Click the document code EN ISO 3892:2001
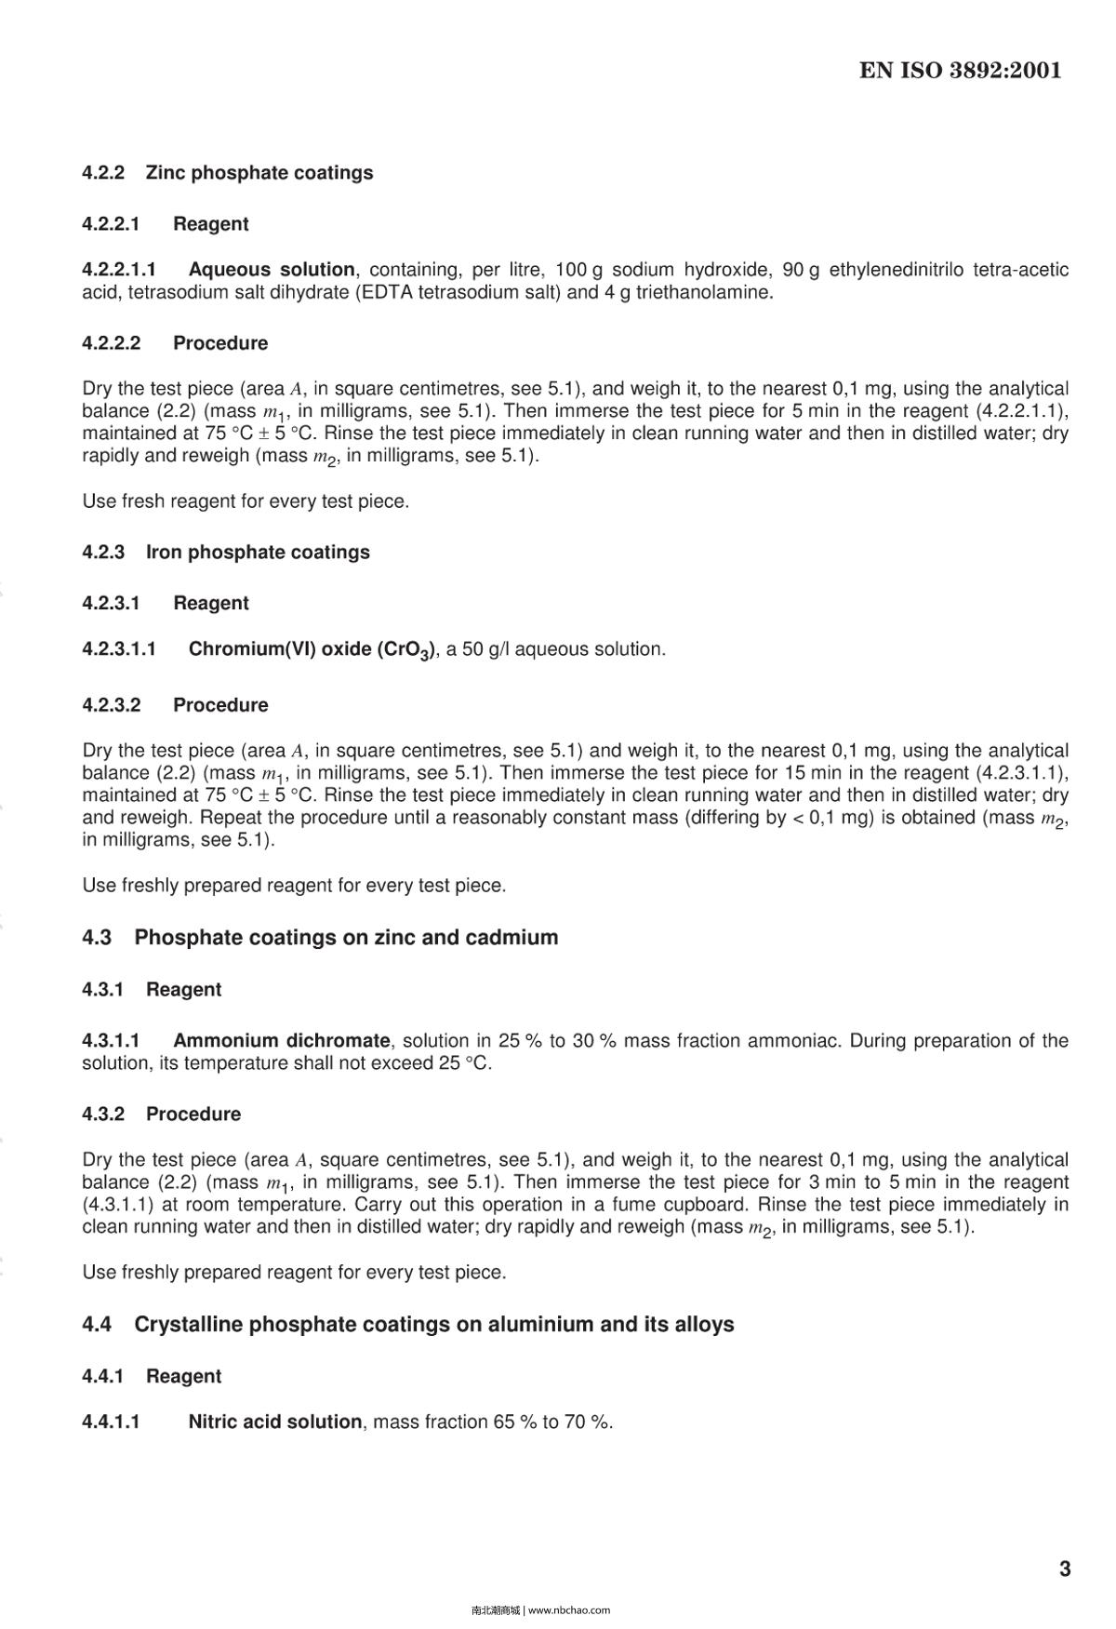pyautogui.click(x=960, y=71)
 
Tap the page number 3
pyautogui.click(x=1065, y=1569)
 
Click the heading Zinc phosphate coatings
pyautogui.click(x=259, y=173)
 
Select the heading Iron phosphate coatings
pyautogui.click(x=258, y=553)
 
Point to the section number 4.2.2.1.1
pyautogui.click(x=119, y=270)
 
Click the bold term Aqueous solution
pyautogui.click(x=272, y=270)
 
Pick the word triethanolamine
pyautogui.click(x=703, y=292)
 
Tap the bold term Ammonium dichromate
pyautogui.click(x=281, y=1040)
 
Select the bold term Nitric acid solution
pyautogui.click(x=274, y=1422)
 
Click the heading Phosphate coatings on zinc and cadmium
pyautogui.click(x=346, y=938)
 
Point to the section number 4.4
pyautogui.click(x=97, y=1325)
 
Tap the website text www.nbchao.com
pyautogui.click(x=569, y=1609)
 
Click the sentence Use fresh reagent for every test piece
pyautogui.click(x=246, y=501)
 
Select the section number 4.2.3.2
pyautogui.click(x=111, y=705)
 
